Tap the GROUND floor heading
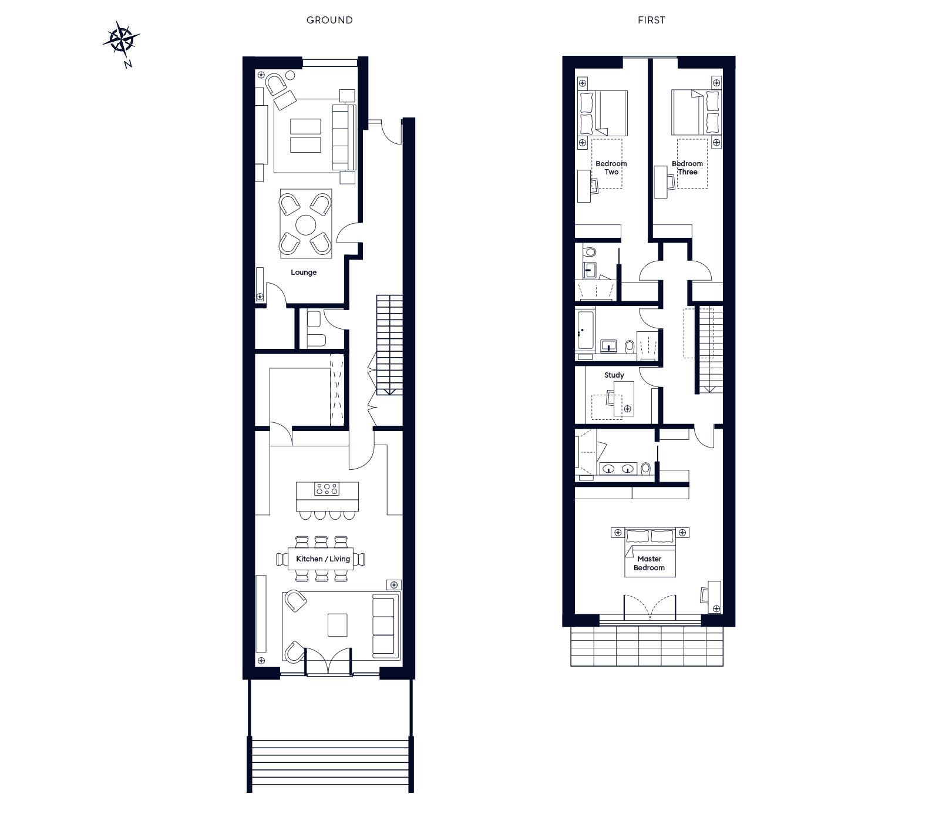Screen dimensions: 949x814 tap(329, 20)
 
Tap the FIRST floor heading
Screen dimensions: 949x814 tap(651, 20)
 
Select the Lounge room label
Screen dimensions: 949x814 tap(304, 273)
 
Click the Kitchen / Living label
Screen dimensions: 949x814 tap(323, 559)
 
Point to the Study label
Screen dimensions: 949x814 tap(614, 375)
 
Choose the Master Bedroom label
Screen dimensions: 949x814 tap(649, 563)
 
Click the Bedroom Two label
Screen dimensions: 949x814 tap(611, 168)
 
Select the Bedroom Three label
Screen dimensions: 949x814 tap(687, 168)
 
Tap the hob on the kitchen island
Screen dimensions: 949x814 tap(327, 489)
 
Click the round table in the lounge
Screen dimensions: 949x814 tap(306, 224)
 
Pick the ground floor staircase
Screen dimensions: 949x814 tap(389, 345)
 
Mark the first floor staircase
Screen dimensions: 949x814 tap(709, 349)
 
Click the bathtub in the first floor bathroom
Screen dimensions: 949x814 tap(585, 331)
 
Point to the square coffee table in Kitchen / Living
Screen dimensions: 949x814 tap(337, 625)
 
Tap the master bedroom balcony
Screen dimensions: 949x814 tap(647, 646)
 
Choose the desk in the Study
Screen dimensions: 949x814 tap(623, 399)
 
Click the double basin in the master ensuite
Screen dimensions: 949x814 tap(619, 469)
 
